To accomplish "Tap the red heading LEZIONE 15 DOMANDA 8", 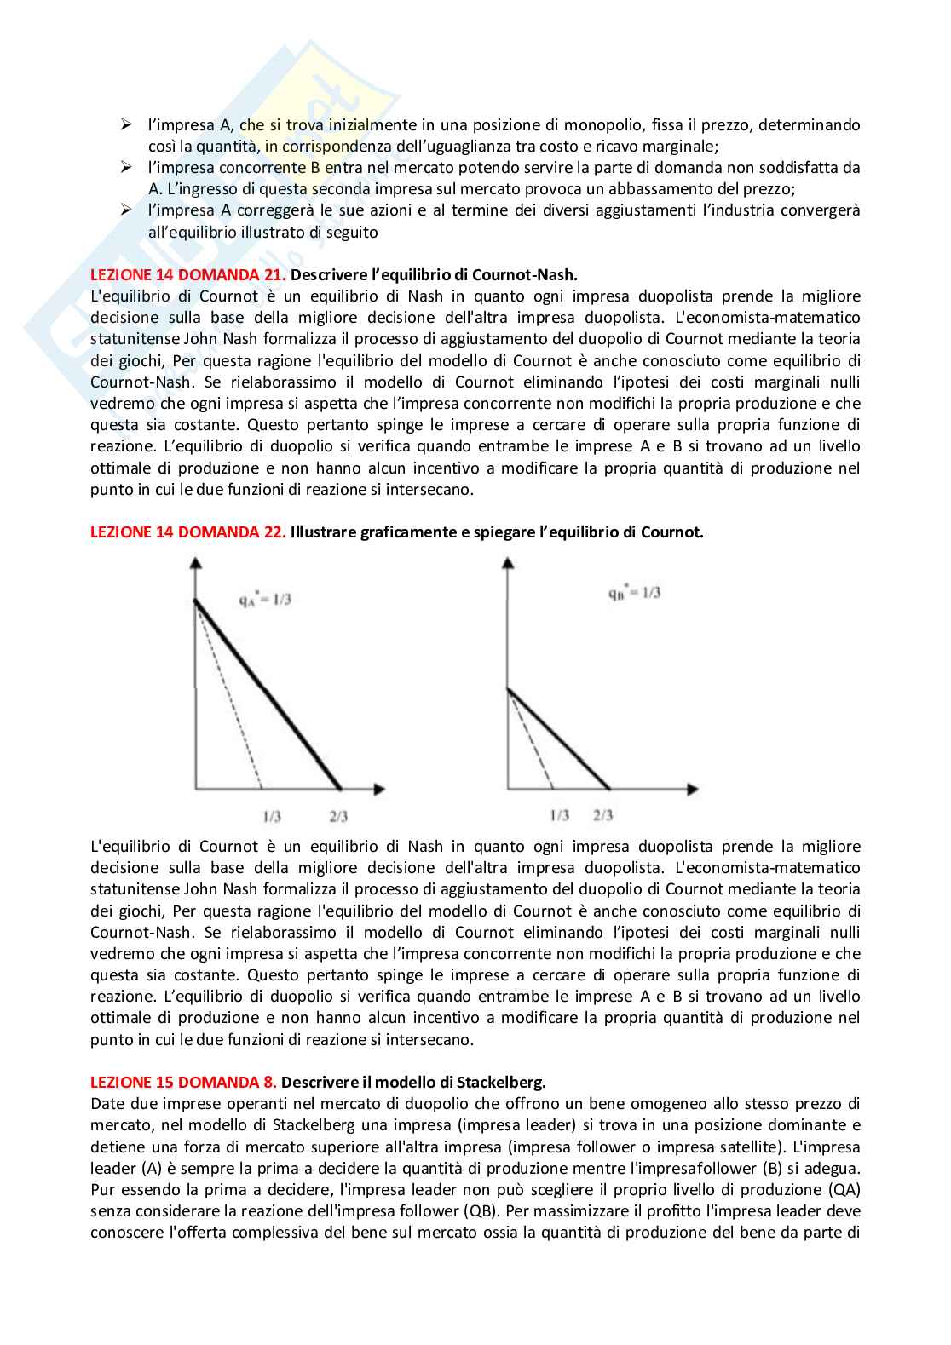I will tap(183, 1083).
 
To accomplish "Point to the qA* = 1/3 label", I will tap(265, 600).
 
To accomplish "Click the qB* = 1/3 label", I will tap(634, 593).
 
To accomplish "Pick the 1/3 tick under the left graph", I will tap(272, 816).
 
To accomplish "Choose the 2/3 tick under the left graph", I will tap(338, 816).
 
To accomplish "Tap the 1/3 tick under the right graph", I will tap(559, 815).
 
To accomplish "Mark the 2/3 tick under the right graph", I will tap(602, 815).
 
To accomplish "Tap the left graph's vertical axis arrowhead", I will tap(196, 561).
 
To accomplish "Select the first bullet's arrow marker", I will tap(126, 125).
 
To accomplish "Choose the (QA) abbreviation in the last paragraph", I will tap(841, 1189).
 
